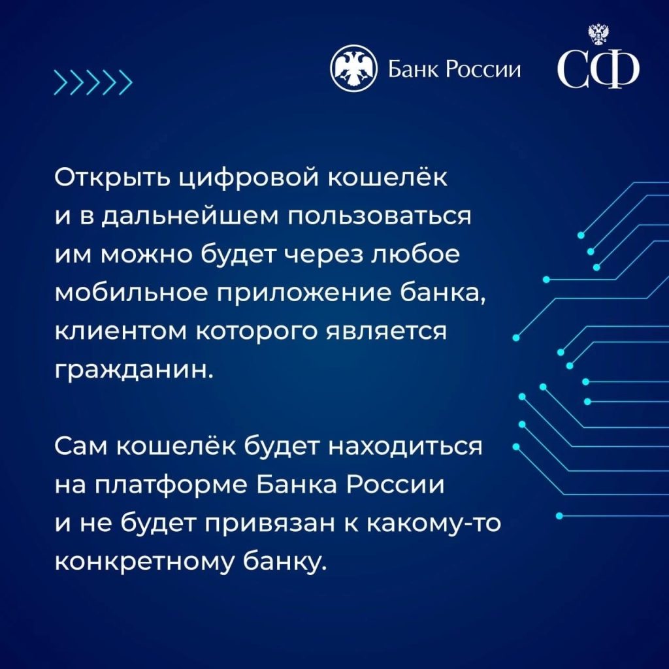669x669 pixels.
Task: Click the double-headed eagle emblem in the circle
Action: click(353, 69)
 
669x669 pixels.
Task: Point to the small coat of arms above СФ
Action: click(598, 34)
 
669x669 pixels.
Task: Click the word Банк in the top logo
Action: click(414, 69)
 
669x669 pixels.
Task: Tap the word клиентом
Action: click(121, 332)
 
